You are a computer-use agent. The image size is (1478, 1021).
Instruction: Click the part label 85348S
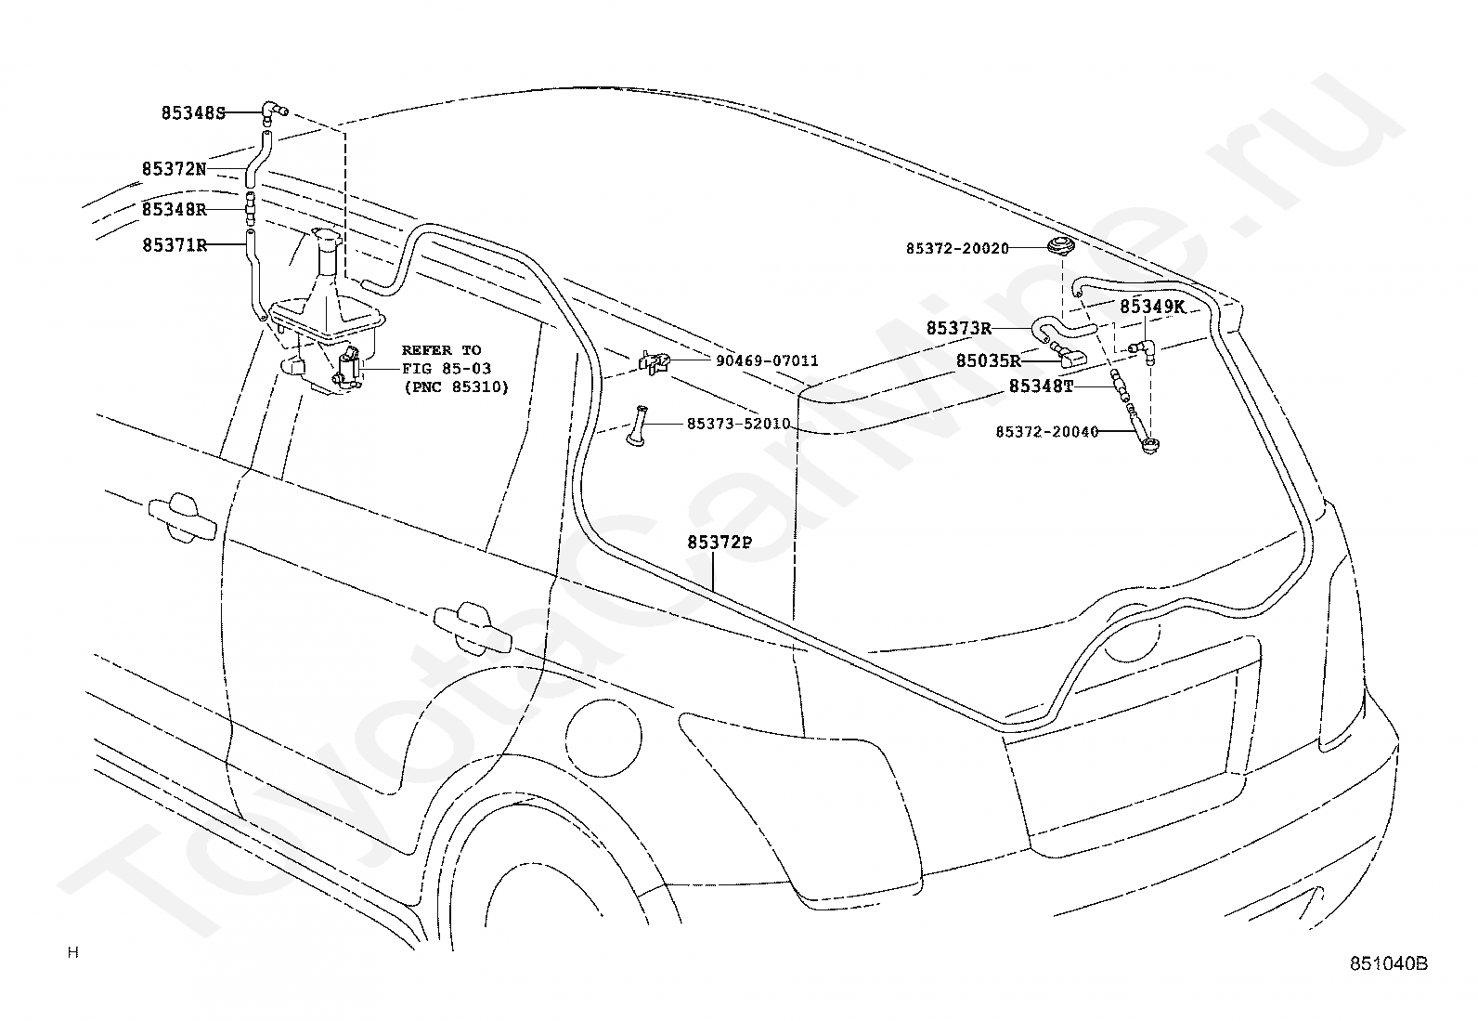coord(193,113)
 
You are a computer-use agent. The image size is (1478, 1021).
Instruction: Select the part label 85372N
coord(175,169)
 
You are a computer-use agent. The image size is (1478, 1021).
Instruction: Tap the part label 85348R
coord(175,209)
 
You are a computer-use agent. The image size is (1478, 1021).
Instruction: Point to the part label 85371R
coord(175,245)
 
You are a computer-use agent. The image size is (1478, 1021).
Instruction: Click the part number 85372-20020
coord(957,249)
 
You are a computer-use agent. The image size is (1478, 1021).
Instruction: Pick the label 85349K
coord(1153,307)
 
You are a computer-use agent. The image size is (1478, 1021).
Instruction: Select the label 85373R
coord(959,328)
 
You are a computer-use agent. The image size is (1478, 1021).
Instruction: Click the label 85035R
coord(989,361)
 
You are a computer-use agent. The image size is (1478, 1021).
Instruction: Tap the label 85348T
coord(1042,386)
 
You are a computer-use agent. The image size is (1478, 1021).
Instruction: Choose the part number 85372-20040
coord(1047,432)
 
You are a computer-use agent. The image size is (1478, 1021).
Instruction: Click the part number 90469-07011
coord(768,361)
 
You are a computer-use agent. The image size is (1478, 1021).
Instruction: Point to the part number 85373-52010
coord(739,424)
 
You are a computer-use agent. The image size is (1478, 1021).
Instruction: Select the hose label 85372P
coord(720,543)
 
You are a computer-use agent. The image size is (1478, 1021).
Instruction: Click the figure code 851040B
coord(1389,963)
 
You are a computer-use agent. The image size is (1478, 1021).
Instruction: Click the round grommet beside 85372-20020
coord(1060,245)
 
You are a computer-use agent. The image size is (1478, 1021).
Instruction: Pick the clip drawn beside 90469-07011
coord(654,362)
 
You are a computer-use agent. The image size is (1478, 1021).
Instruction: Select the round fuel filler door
coord(603,737)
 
